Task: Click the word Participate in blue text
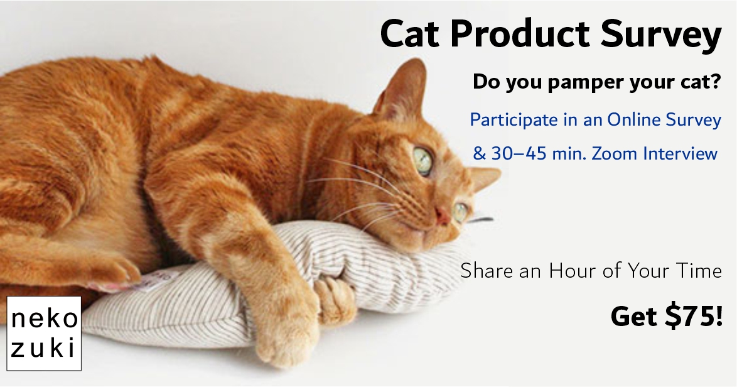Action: point(514,121)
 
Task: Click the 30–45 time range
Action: point(519,154)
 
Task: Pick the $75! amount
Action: point(694,316)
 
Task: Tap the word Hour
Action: point(572,271)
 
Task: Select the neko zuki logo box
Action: point(44,334)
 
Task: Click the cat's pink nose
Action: point(443,215)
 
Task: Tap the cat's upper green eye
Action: point(422,161)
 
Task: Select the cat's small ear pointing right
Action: point(484,178)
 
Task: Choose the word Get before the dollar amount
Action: point(635,317)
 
